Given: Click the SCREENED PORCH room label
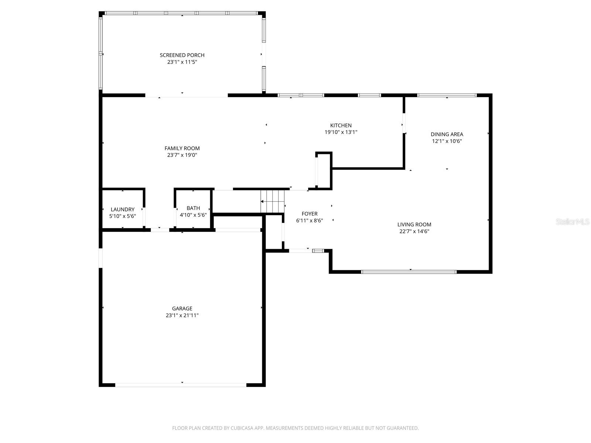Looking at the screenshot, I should coord(182,55).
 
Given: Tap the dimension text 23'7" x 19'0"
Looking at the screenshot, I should coord(182,155).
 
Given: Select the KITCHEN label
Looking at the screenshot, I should coord(341,126).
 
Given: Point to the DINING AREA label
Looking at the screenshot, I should coord(447,134).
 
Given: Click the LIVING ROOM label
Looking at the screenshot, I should coord(414,224).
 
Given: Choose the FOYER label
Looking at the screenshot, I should coord(309,214).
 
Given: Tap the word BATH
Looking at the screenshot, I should coord(193,208).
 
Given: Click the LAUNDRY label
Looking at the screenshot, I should coord(122,209).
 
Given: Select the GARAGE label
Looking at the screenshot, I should coord(182,309).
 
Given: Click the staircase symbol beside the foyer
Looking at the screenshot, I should coord(273,202).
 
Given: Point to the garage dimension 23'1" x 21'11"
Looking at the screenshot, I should coord(182,316).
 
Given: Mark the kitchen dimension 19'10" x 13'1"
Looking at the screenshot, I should coord(341,132).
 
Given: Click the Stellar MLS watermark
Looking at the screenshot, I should coord(573,221).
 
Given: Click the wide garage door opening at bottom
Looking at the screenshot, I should coord(181,385).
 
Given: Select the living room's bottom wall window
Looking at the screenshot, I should coord(409,272).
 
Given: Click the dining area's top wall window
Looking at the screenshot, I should coord(447,95).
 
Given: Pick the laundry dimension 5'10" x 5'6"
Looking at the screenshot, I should coord(122,216).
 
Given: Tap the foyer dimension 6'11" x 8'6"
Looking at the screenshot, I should coord(309,221).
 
